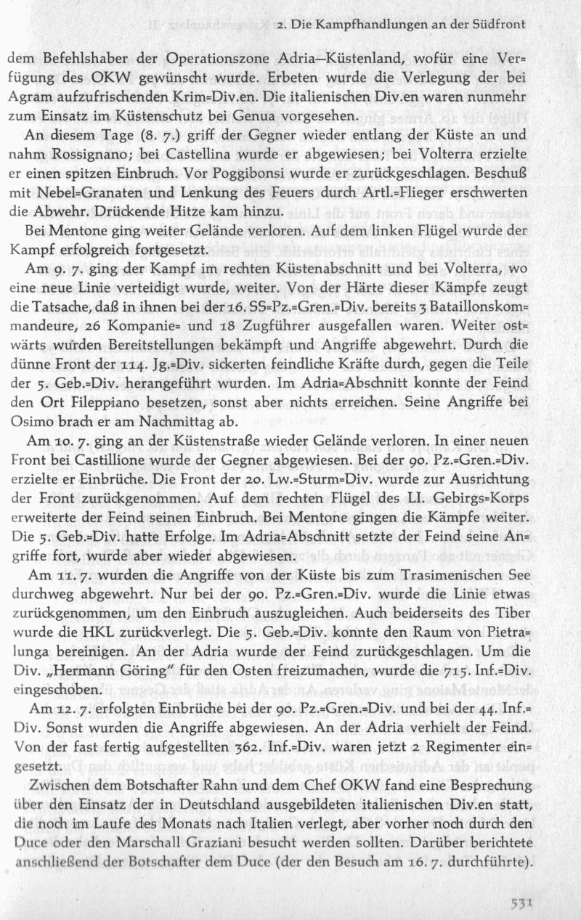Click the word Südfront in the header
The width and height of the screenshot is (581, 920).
(499, 25)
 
